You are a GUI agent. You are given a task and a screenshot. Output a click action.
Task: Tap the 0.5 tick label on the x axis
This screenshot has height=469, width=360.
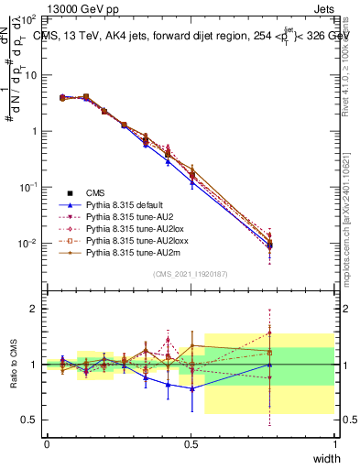coord(191,443)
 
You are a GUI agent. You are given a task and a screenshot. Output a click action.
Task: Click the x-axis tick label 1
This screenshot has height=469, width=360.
coord(334,443)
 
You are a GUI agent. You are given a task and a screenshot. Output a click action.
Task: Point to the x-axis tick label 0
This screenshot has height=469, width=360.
coord(47,443)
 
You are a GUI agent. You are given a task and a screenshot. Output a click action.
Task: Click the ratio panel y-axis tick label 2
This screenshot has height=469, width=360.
coord(35,310)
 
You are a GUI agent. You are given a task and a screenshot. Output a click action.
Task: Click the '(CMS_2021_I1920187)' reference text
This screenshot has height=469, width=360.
coord(191,274)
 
